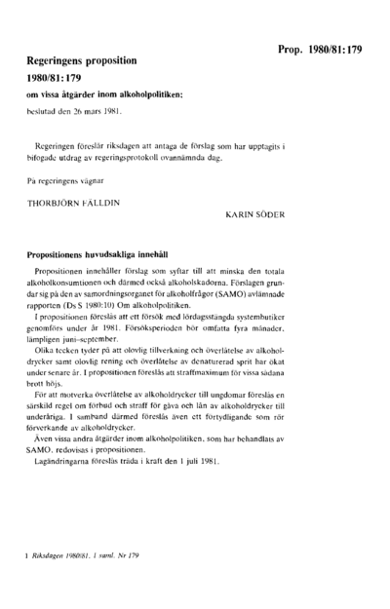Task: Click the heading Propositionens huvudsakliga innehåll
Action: click(x=111, y=252)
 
